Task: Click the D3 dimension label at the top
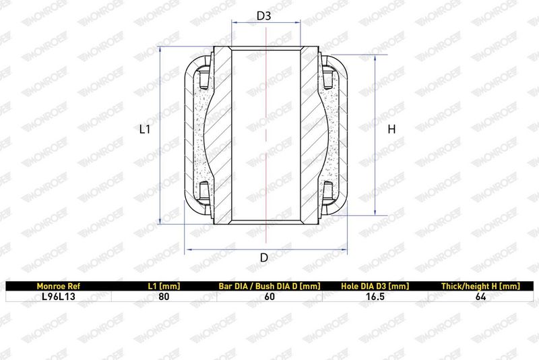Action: click(x=264, y=16)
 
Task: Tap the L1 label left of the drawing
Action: click(x=145, y=129)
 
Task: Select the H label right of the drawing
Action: click(x=391, y=129)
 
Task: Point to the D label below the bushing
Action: click(x=264, y=258)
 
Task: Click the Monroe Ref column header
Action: click(x=59, y=286)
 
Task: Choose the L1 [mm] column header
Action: click(x=164, y=286)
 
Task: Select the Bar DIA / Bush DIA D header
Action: click(x=269, y=286)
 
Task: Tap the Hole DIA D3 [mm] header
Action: click(x=375, y=286)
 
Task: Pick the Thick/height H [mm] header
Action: click(x=480, y=286)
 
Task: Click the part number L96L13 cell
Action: click(x=59, y=297)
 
